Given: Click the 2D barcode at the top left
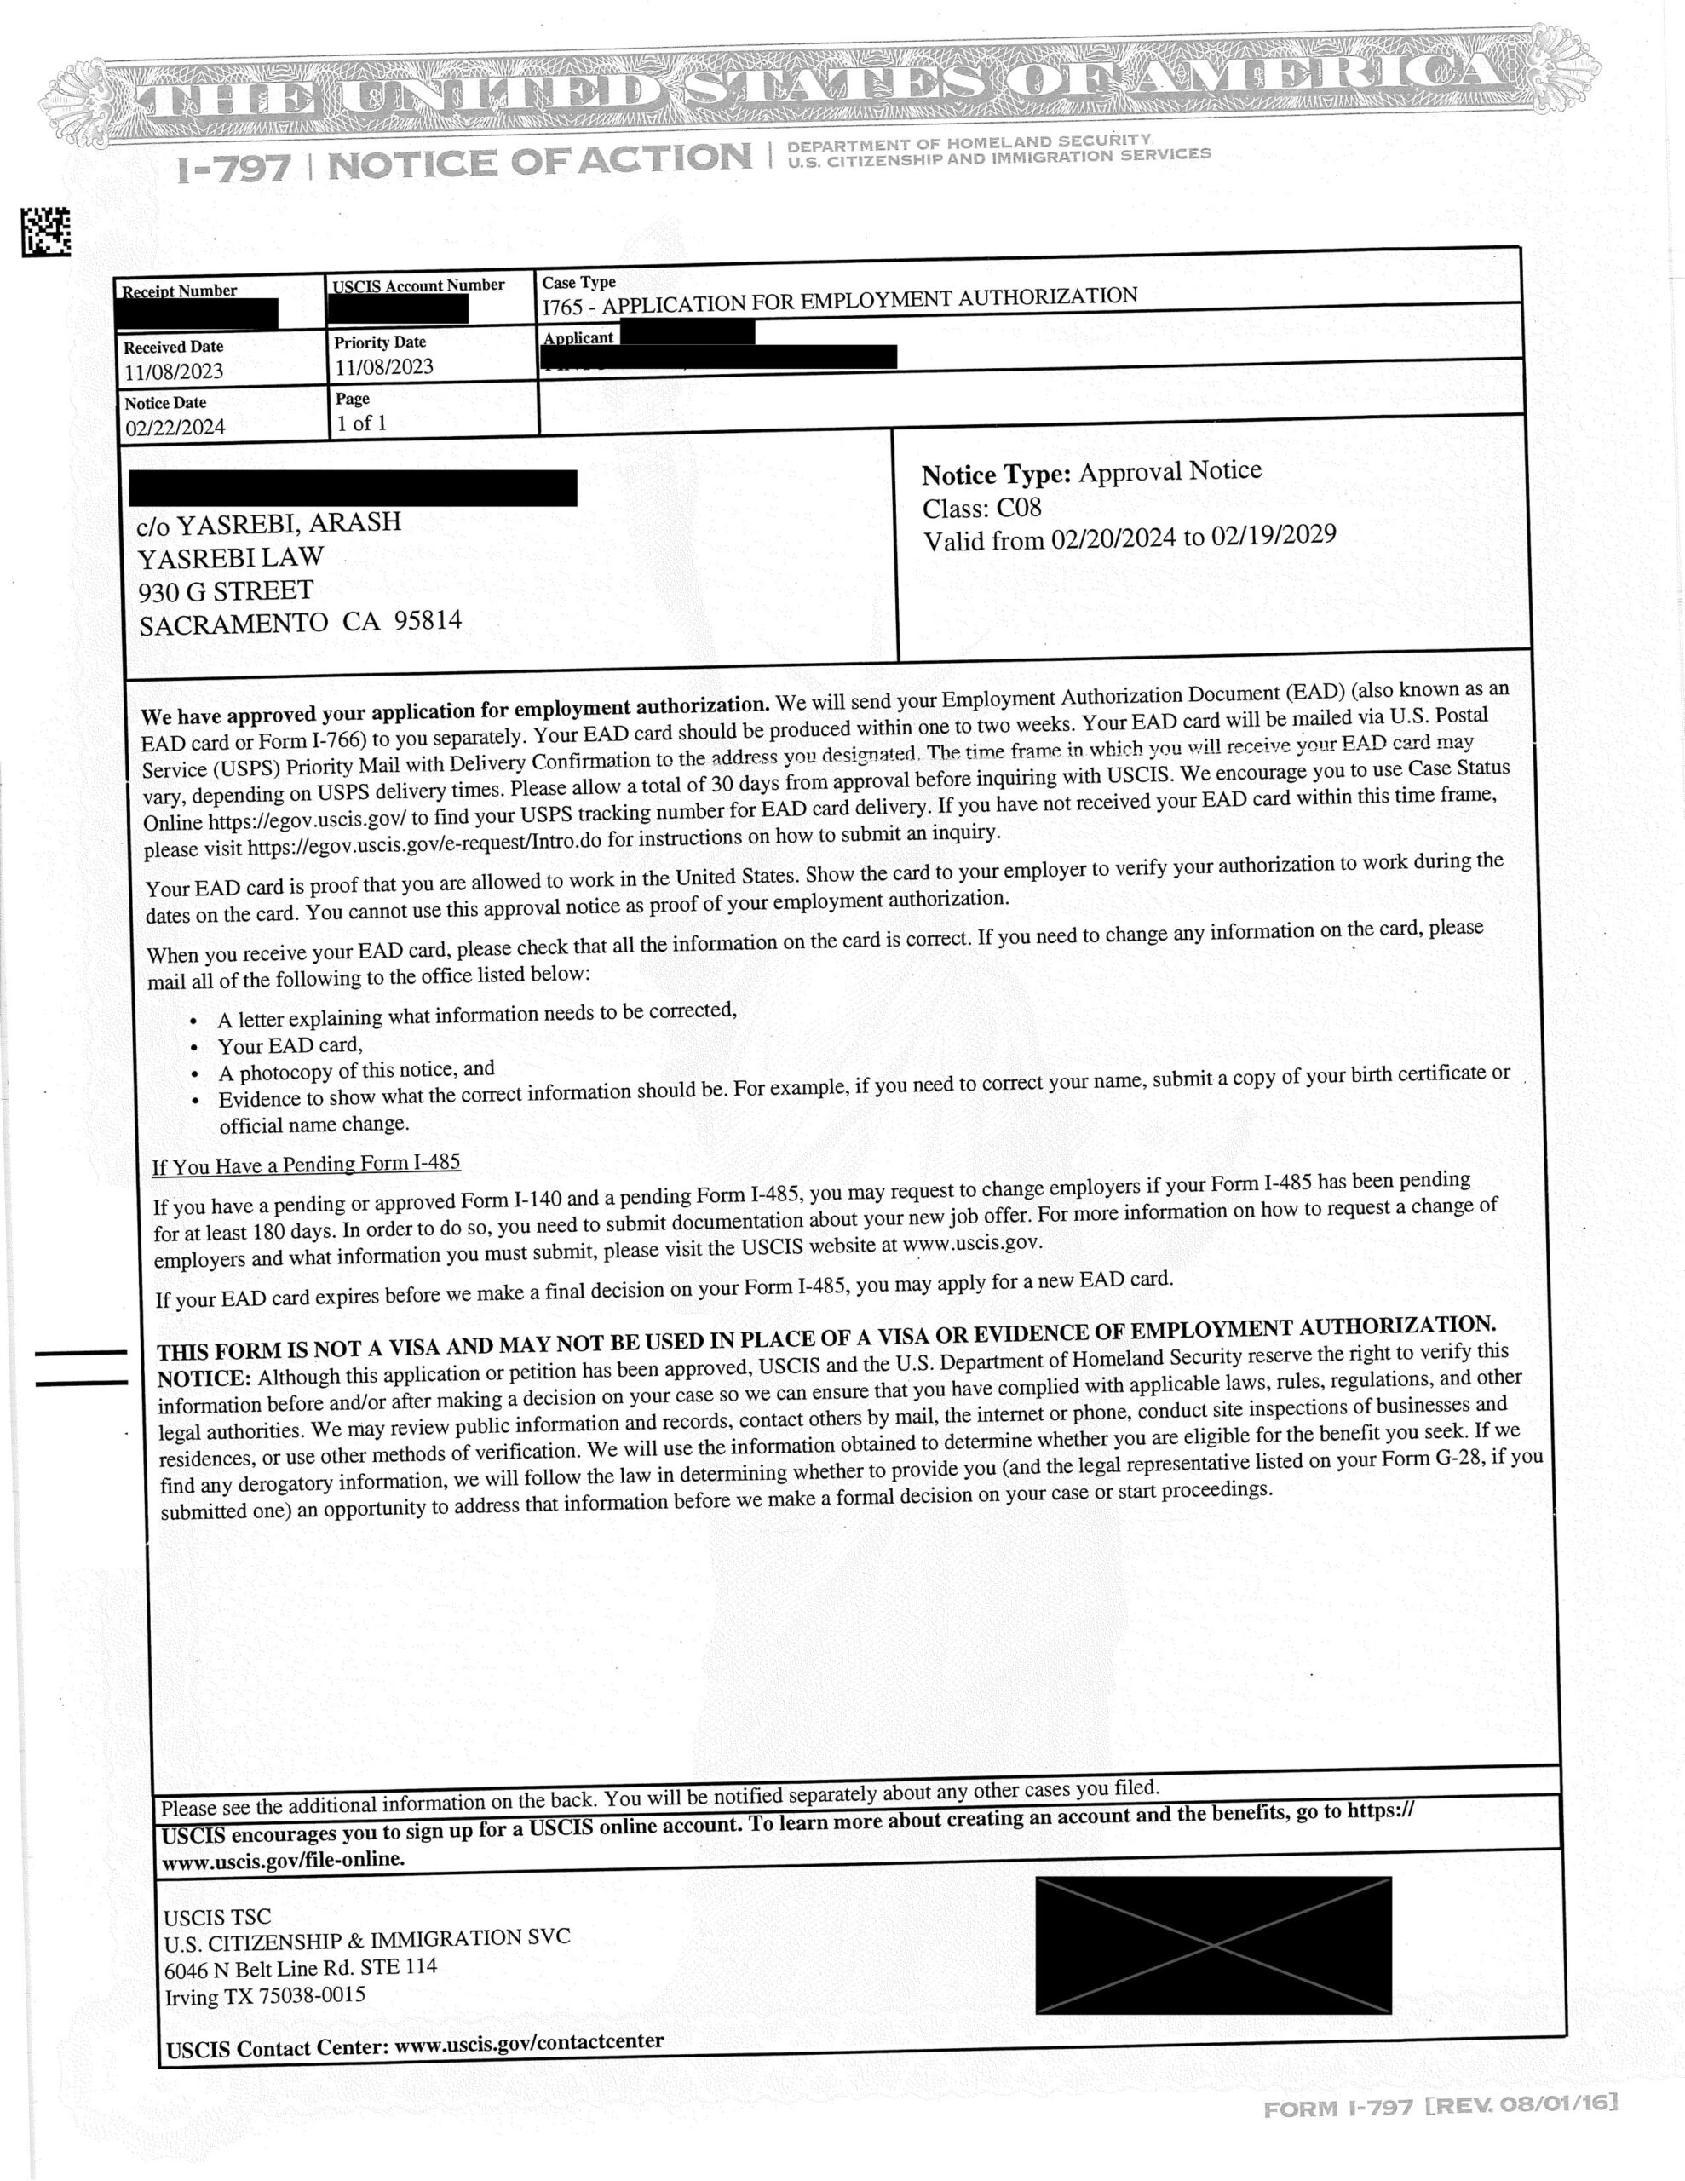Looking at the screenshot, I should (46, 232).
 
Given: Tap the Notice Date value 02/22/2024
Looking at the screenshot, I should (175, 428).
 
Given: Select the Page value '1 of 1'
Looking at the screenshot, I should (361, 423).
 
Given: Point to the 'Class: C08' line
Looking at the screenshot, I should (982, 509).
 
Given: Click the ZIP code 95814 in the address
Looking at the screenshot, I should (428, 620).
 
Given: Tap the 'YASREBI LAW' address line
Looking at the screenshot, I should (231, 557).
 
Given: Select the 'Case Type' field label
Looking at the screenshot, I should (578, 283).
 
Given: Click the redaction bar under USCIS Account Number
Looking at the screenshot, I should (400, 308).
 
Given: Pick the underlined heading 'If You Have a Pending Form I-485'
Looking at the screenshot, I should (306, 1165).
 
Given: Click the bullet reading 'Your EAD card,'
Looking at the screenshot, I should (290, 1045).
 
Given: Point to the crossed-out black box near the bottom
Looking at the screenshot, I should (1212, 1944).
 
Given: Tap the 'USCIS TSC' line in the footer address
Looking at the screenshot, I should (216, 1916).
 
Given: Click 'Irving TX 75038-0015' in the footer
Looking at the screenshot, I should (265, 1996).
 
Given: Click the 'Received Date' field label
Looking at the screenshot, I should (174, 347).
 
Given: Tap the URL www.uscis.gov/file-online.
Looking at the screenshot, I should (284, 1860).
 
